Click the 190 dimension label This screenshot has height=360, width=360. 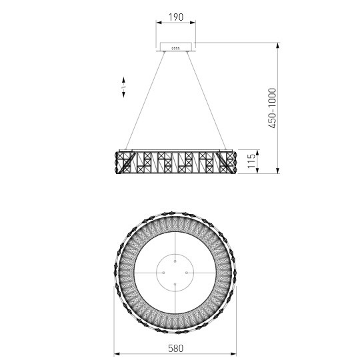[176, 17]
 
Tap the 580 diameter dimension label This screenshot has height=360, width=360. [175, 348]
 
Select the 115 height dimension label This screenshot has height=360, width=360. [251, 161]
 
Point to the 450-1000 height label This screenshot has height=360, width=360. [272, 108]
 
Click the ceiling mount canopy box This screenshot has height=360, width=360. [176, 47]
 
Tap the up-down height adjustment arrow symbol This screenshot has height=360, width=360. [123, 87]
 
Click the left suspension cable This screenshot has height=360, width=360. [145, 101]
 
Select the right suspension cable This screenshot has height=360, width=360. [206, 101]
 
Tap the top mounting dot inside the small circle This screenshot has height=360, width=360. [175, 261]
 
